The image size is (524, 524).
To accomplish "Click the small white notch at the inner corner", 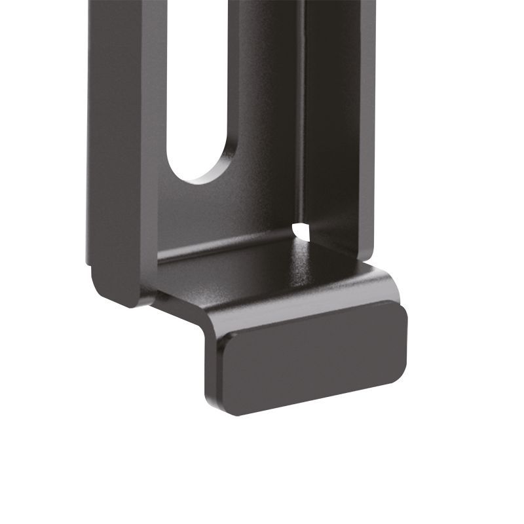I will [301, 231].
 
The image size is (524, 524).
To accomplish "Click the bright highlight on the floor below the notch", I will [303, 246].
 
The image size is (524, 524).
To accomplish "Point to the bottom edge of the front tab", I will [314, 401].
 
